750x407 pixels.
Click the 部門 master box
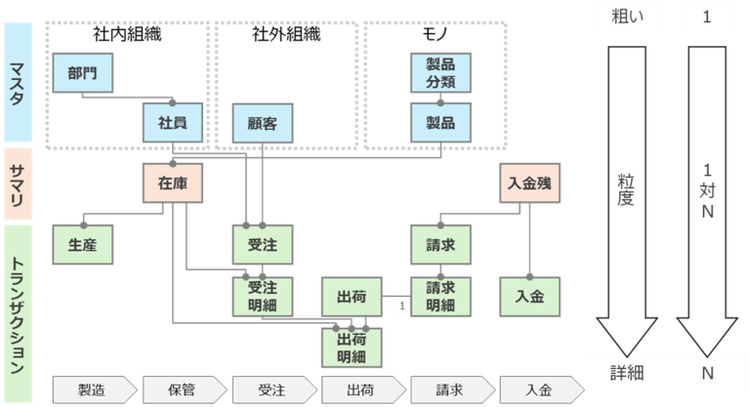[82, 72]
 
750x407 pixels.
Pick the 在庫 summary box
[172, 183]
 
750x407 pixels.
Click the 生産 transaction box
[82, 244]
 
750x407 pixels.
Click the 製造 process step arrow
[94, 389]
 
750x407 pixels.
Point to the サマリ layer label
[17, 183]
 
